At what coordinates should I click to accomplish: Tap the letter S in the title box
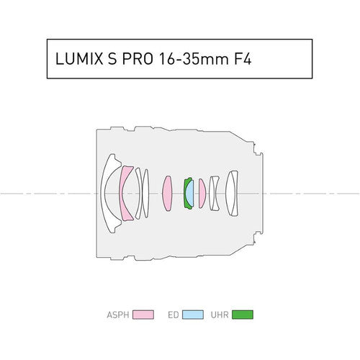click(x=109, y=60)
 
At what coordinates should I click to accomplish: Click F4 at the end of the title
click(x=241, y=60)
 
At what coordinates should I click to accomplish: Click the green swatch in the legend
click(x=246, y=315)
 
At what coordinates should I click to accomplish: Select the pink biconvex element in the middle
click(x=168, y=194)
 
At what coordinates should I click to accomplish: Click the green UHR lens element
click(x=186, y=194)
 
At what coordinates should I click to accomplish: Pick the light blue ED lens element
click(x=191, y=194)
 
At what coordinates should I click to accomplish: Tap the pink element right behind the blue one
click(x=202, y=194)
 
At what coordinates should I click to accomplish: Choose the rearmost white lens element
click(x=231, y=194)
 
